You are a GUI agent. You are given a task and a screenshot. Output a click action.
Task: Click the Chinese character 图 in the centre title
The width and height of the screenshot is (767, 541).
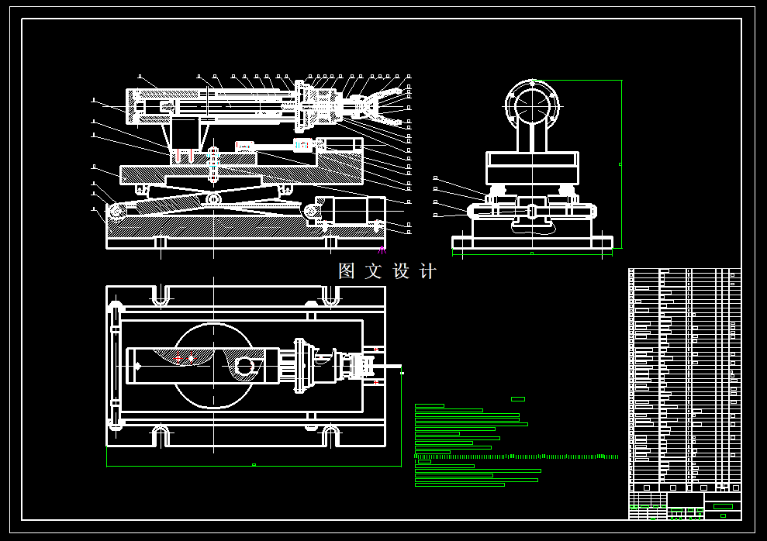(x=346, y=271)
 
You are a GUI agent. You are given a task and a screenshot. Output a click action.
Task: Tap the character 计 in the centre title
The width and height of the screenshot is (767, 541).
(x=428, y=271)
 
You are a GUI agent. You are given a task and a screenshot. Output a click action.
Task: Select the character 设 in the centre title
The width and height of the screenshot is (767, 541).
(x=401, y=271)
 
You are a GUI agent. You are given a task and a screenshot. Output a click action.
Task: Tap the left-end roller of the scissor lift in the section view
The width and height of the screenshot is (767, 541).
(x=117, y=211)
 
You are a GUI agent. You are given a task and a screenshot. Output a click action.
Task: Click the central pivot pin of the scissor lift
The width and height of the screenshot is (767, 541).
(x=213, y=200)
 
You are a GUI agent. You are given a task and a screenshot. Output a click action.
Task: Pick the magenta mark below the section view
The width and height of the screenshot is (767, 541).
(x=382, y=250)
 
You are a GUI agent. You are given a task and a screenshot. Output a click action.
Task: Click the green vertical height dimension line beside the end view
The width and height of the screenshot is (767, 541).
(x=621, y=164)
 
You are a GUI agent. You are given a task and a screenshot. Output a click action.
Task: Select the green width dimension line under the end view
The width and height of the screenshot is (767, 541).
(x=532, y=253)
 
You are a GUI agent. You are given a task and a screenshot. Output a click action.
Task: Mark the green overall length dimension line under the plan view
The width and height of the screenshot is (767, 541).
(x=254, y=466)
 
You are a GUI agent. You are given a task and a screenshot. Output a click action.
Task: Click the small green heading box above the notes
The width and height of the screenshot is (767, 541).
(x=518, y=399)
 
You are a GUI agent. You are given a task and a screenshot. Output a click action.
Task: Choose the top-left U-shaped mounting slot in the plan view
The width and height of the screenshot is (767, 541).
(x=161, y=295)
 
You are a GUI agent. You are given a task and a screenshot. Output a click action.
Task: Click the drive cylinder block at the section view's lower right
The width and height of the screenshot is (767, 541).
(x=353, y=210)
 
